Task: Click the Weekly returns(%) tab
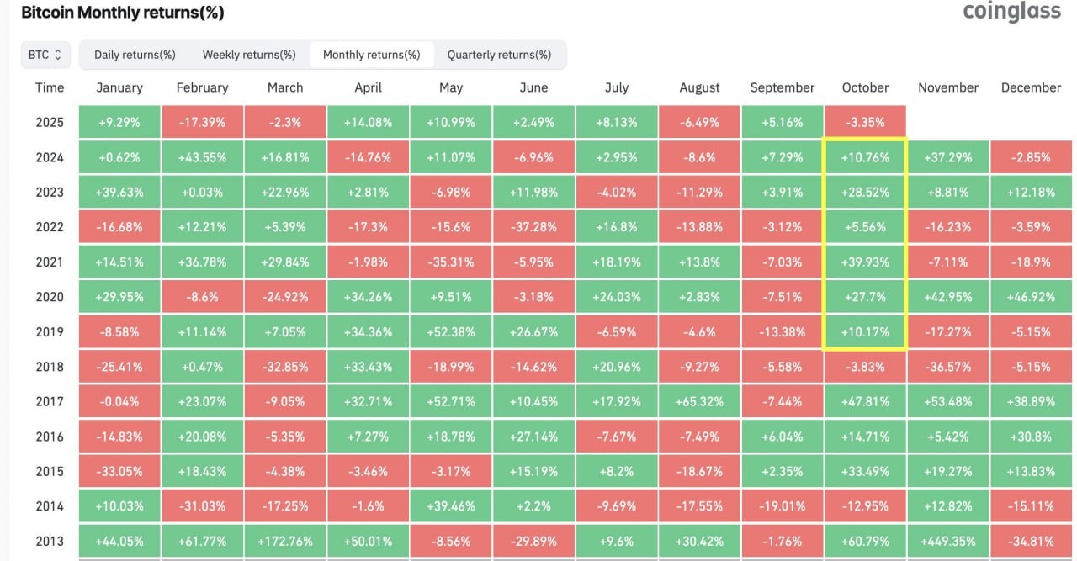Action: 249,55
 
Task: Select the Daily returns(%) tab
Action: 135,55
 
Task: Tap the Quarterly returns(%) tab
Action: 499,55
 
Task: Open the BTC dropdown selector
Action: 45,55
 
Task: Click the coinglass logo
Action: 1011,12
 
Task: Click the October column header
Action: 865,87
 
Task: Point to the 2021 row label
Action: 50,262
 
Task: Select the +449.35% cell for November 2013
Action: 947,541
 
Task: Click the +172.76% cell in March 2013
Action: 284,541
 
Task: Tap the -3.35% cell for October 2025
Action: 865,122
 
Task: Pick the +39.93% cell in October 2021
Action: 865,262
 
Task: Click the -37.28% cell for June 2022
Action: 533,227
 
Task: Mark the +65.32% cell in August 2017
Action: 699,401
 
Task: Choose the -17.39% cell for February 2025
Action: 202,122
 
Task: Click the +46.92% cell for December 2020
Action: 1031,297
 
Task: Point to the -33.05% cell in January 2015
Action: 119,471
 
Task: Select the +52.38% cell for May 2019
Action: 451,331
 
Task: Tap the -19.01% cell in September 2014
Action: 782,506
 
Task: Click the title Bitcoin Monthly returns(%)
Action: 122,13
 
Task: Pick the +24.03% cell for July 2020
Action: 617,297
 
